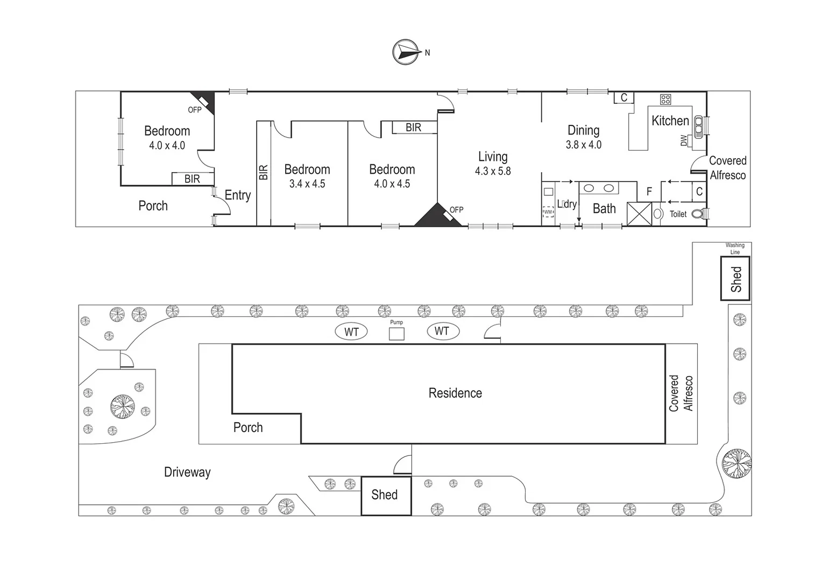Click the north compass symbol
tap(406, 52)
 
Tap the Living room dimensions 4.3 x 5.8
tap(493, 171)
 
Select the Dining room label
tap(583, 130)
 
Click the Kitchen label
tap(670, 121)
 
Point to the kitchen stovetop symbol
tap(665, 99)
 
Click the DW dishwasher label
tap(684, 140)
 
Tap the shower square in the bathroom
tap(639, 214)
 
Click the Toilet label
tap(678, 214)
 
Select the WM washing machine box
tap(548, 212)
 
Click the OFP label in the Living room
tap(456, 210)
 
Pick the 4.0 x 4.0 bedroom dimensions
tap(167, 145)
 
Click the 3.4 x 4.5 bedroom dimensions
tap(307, 183)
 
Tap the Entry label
tap(238, 195)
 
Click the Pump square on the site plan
tap(396, 334)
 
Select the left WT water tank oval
tap(351, 332)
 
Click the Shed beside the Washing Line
tap(735, 279)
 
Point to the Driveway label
tap(187, 472)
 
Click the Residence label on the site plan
tap(455, 393)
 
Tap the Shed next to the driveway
tap(385, 495)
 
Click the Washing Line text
tap(735, 249)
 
